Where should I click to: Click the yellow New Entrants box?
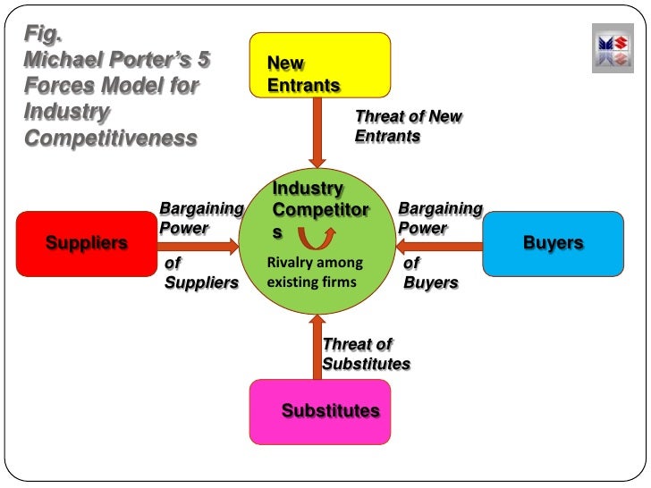(x=319, y=64)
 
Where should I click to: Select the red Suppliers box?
(x=86, y=242)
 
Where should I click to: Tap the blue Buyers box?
(x=553, y=242)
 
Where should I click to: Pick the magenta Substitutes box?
(x=319, y=411)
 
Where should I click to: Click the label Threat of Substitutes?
(x=366, y=354)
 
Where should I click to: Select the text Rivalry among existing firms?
(x=315, y=273)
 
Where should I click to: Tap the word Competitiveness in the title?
(x=109, y=139)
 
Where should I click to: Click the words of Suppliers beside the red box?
(x=201, y=273)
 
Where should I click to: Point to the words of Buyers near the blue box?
(x=430, y=273)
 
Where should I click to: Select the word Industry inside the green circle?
(x=308, y=189)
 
